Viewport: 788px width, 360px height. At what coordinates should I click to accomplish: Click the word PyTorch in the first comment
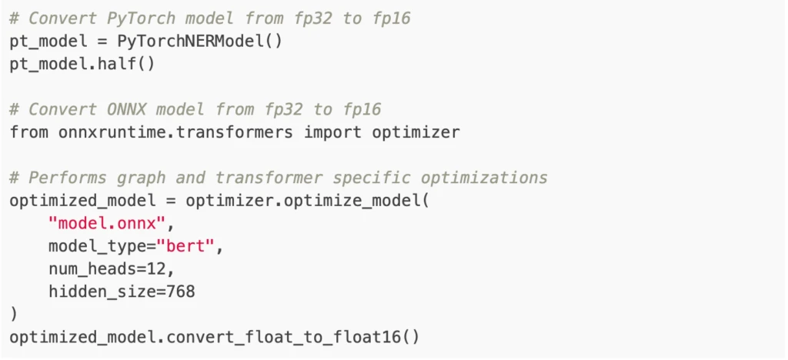coord(141,18)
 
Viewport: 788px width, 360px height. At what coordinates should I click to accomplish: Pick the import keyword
coord(332,132)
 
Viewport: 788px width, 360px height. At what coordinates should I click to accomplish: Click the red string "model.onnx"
coord(107,223)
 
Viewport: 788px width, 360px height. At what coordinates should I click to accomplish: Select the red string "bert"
coord(185,246)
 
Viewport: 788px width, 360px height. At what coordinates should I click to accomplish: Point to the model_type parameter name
coord(97,247)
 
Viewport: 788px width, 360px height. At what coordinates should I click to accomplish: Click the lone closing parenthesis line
coord(14,315)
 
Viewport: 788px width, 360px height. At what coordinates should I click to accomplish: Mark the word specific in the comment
coord(372,178)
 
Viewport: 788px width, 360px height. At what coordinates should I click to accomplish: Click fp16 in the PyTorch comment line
coord(391,19)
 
